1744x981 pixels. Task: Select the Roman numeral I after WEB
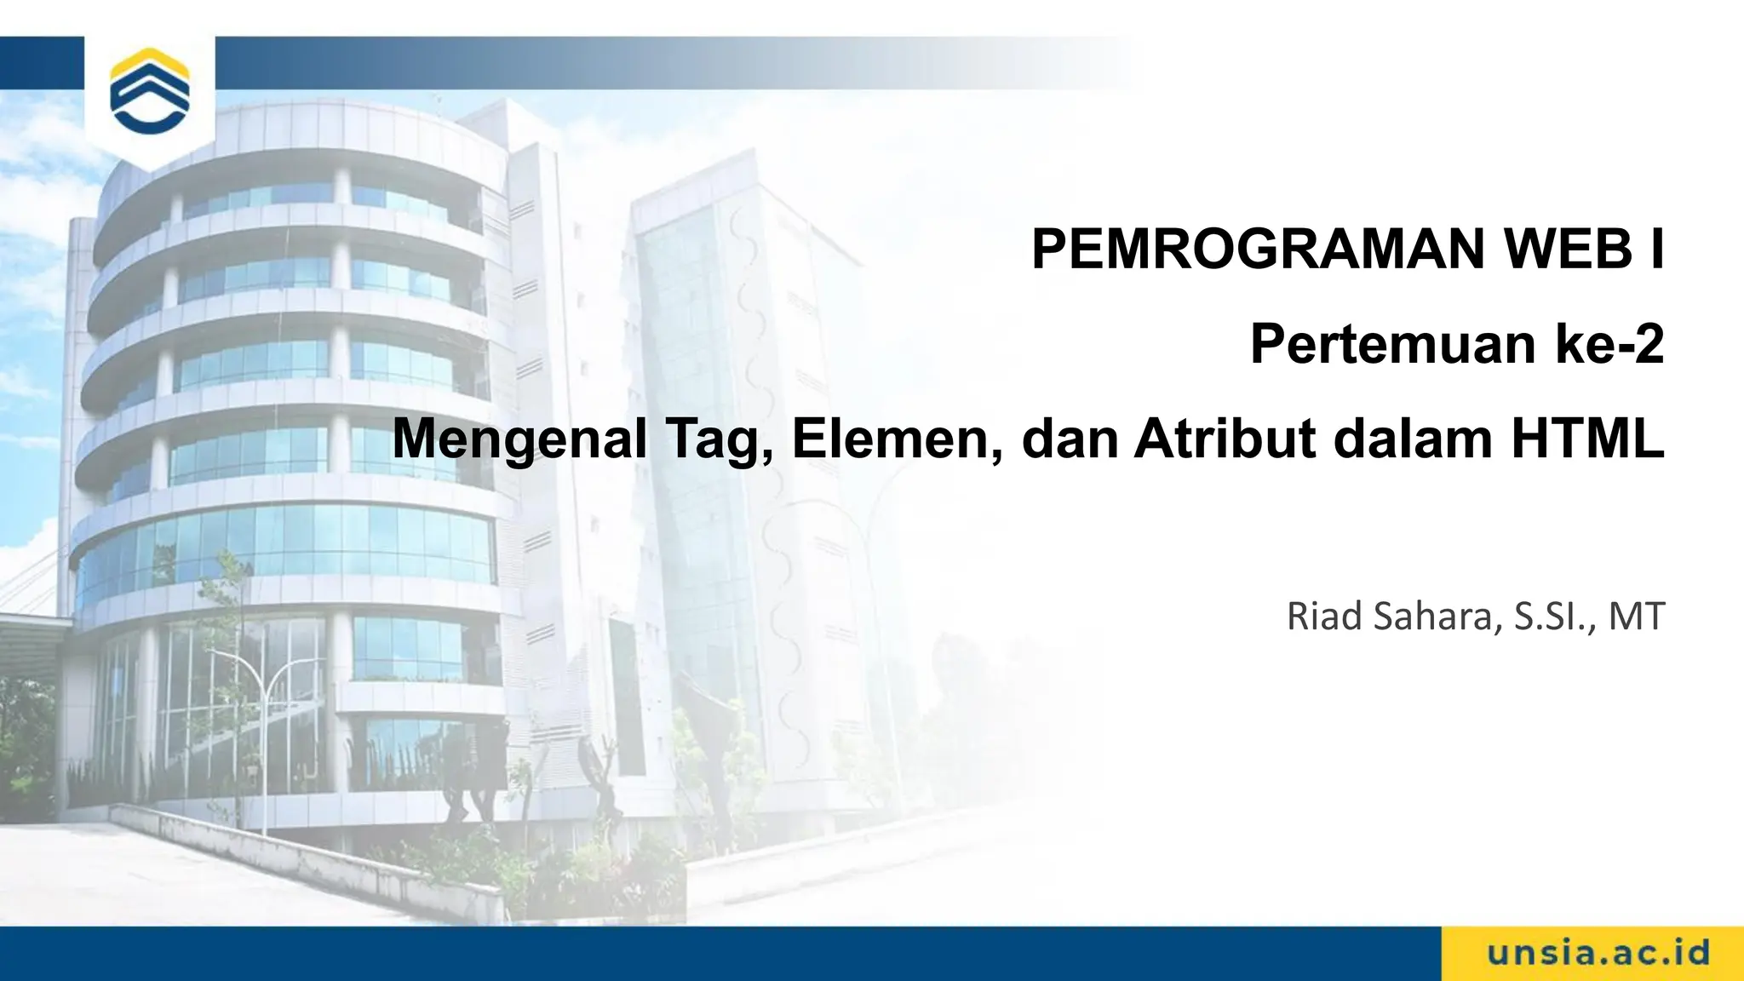coord(1655,249)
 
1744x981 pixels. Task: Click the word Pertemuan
coord(1393,344)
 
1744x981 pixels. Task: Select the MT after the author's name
coord(1636,617)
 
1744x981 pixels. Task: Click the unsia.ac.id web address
coord(1598,952)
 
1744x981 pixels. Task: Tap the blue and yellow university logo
coord(150,92)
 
